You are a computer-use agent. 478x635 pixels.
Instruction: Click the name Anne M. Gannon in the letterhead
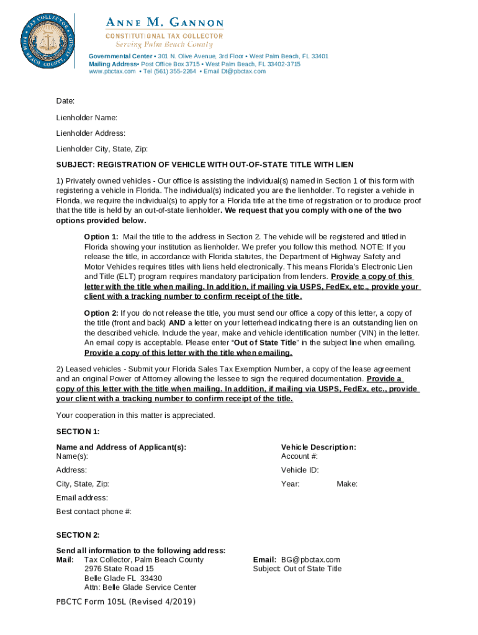(x=165, y=23)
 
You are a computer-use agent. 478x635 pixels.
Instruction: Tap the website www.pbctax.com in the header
(x=112, y=71)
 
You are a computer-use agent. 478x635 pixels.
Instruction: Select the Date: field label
(x=65, y=100)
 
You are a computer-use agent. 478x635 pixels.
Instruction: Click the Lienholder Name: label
(x=87, y=117)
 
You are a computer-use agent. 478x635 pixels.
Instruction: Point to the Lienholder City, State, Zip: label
(x=102, y=149)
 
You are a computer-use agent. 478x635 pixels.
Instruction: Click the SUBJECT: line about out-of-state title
(x=205, y=164)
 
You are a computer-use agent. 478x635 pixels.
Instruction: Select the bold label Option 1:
(x=101, y=237)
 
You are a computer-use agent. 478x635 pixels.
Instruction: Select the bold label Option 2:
(x=101, y=313)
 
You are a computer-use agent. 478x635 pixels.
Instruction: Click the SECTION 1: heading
(x=78, y=431)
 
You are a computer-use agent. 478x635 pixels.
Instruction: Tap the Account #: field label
(x=299, y=456)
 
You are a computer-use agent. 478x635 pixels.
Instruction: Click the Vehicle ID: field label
(x=300, y=470)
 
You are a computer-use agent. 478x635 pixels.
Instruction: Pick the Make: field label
(x=347, y=484)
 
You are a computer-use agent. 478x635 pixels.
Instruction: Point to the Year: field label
(x=291, y=484)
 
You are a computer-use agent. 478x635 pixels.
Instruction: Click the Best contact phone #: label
(x=94, y=512)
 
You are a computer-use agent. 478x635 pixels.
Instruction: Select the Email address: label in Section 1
(x=82, y=497)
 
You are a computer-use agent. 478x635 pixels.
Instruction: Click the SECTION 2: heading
(x=78, y=535)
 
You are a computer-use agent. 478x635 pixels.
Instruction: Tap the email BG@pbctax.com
(x=310, y=559)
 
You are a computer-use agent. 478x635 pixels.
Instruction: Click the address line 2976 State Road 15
(x=119, y=569)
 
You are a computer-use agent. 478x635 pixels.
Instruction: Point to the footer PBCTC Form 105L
(x=125, y=602)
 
